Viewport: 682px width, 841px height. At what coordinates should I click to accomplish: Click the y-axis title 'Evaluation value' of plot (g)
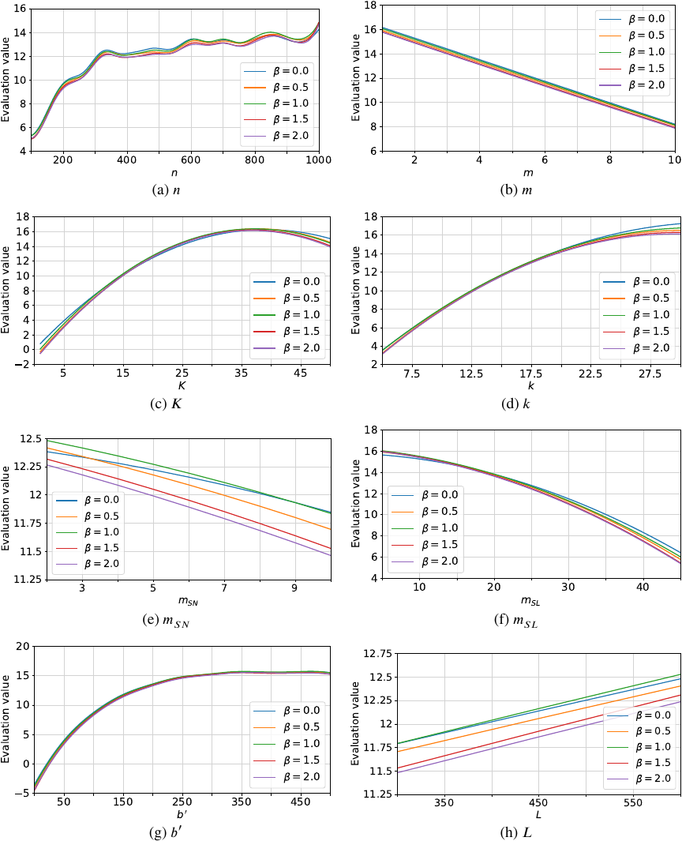(6, 720)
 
